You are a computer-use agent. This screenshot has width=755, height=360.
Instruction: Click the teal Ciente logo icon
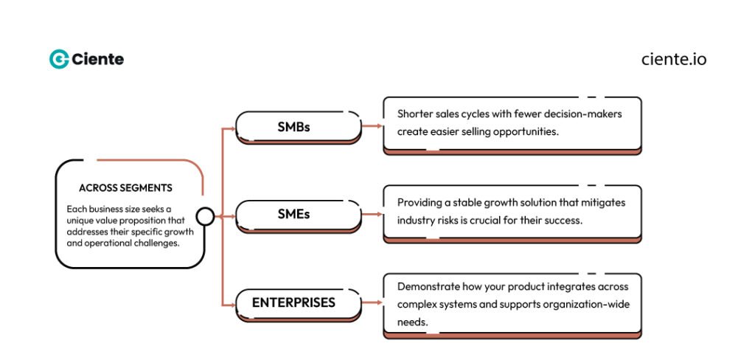[59, 59]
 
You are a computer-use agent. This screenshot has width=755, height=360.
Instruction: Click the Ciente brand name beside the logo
[98, 59]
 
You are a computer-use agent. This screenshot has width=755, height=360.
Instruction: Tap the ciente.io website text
[674, 59]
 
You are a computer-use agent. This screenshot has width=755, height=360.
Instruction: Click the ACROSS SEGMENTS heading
[125, 187]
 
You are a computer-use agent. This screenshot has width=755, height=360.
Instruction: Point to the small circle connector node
[205, 216]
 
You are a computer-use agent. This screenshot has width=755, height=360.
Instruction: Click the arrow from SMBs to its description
[372, 126]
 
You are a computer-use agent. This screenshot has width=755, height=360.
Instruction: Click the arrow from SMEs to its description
[372, 215]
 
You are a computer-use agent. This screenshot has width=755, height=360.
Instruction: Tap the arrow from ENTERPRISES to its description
[372, 302]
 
